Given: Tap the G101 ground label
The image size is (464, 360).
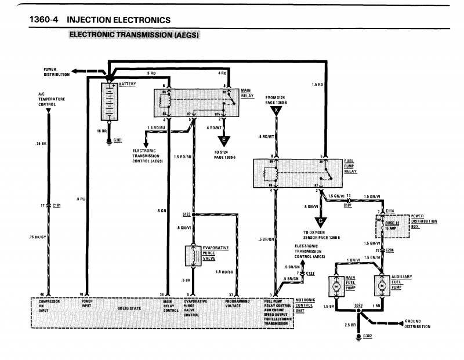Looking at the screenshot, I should coord(118,140).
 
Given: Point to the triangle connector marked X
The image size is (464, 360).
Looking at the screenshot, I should coord(277,111).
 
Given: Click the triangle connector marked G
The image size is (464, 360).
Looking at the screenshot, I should coord(320,221).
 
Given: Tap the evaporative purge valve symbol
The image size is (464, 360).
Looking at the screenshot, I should coord(193,255).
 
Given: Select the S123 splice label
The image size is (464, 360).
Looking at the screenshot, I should coord(187,214).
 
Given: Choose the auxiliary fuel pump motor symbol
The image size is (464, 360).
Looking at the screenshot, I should coord(381,286).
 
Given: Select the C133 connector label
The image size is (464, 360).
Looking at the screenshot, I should coord(310,272).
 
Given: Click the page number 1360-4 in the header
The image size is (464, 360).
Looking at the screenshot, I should coord(45,20).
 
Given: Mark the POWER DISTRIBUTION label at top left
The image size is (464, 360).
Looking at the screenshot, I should coord(57,71).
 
